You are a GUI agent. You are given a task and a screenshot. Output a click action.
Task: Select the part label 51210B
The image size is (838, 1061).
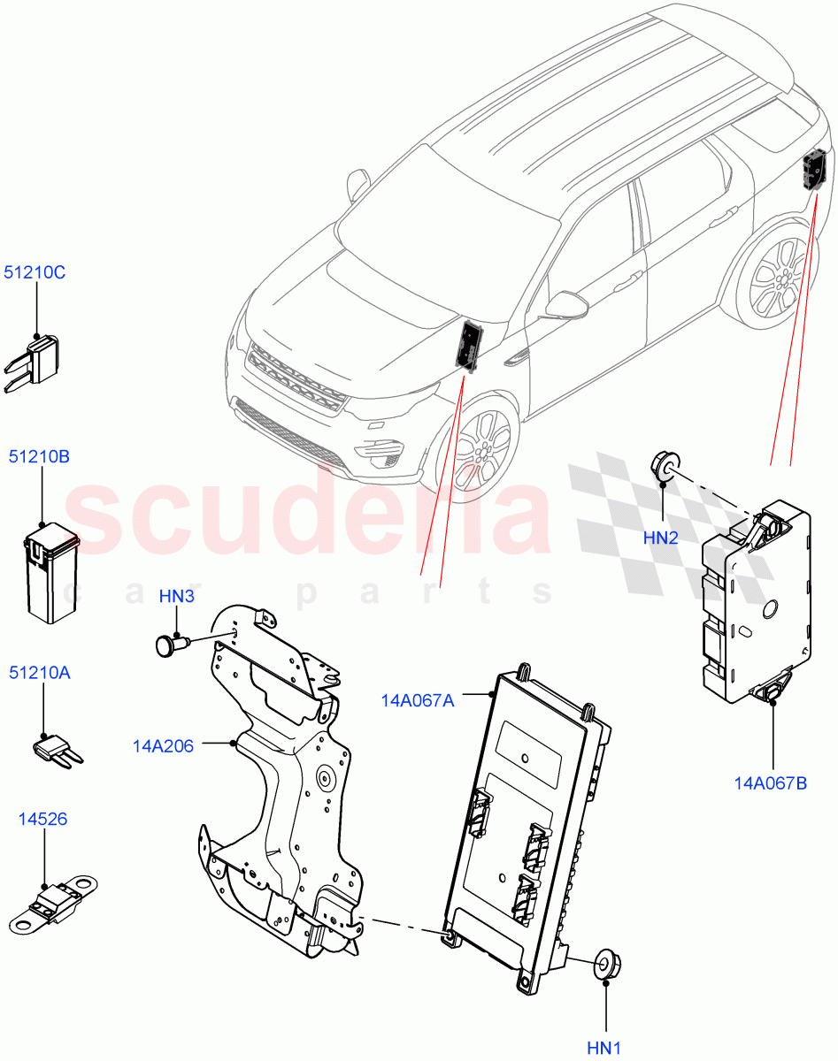[39, 457]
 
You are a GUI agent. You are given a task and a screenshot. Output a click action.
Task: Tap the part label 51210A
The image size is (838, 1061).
[40, 673]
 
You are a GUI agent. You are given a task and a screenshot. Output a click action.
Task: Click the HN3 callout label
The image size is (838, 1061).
[177, 597]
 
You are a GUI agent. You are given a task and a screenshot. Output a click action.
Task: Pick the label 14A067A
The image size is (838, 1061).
[418, 700]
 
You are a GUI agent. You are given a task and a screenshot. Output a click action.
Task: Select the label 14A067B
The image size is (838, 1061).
[770, 782]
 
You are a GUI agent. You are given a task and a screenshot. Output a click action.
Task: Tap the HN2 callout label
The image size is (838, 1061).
[661, 538]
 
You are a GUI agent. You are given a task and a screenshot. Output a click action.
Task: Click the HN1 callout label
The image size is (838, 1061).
[605, 1048]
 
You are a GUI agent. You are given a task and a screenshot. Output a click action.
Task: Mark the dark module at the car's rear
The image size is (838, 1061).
[814, 170]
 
